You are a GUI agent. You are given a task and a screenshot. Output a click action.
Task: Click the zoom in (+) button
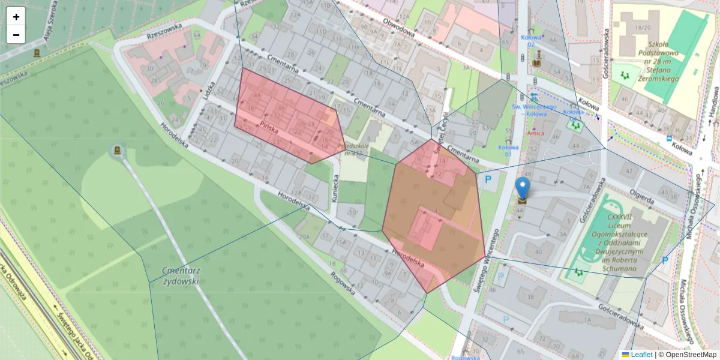[16, 17]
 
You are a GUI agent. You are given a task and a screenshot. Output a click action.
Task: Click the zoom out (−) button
[16, 35]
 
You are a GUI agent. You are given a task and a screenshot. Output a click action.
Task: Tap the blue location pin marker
[523, 188]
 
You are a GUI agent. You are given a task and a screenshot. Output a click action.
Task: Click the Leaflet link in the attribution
[641, 355]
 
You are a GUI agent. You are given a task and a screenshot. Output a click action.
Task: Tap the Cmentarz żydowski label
[180, 275]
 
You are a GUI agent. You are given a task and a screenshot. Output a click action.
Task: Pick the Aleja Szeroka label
[53, 30]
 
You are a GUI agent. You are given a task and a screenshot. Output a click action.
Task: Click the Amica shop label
[535, 132]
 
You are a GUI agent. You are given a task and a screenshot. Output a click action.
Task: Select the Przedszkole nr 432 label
[353, 149]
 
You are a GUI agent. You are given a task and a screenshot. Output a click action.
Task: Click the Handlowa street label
[714, 100]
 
